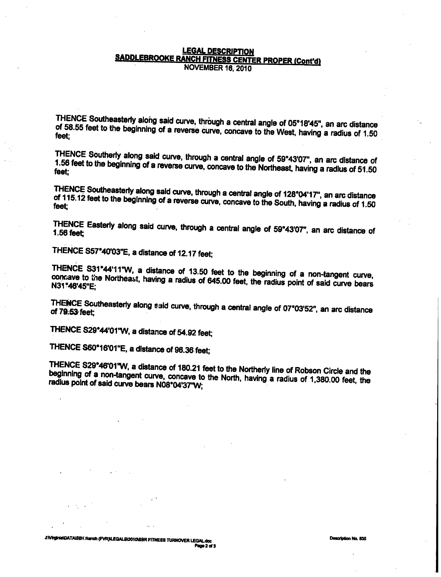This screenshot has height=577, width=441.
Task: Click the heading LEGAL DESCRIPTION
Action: point(218,51)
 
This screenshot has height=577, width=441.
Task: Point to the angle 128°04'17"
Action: point(304,194)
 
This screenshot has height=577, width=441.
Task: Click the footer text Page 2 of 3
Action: point(205,546)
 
